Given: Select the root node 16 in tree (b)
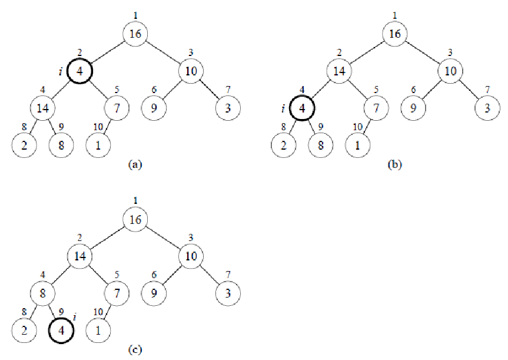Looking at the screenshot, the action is pyautogui.click(x=394, y=34).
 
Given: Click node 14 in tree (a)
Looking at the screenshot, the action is pyautogui.click(x=42, y=108).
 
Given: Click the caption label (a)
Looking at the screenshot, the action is pyautogui.click(x=135, y=165).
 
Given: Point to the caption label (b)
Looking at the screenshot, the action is pyautogui.click(x=394, y=165).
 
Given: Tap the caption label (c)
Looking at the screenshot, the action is pyautogui.click(x=135, y=349).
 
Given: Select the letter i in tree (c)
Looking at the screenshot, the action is pyautogui.click(x=75, y=319).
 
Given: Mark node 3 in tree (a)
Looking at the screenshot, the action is pyautogui.click(x=227, y=108).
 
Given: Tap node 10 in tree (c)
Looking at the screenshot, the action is pyautogui.click(x=191, y=255).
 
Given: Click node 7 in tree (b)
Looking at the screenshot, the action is pyautogui.click(x=375, y=108).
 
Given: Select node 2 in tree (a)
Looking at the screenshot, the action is pyautogui.click(x=24, y=145).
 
